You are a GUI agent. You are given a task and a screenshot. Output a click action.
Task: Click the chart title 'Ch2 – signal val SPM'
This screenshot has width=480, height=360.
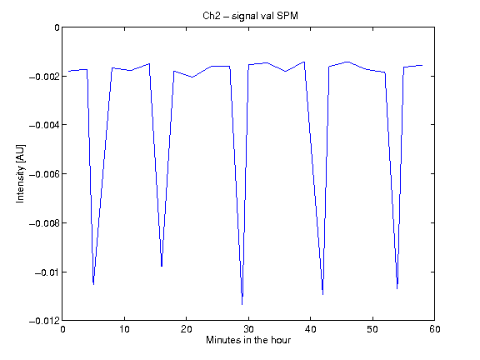(x=250, y=16)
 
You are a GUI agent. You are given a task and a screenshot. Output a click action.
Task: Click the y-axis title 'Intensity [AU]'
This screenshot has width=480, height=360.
(x=20, y=173)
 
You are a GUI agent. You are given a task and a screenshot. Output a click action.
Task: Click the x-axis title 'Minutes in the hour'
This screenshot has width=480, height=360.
(x=248, y=340)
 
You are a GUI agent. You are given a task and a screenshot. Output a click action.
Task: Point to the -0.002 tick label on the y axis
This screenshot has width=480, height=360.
(x=44, y=76)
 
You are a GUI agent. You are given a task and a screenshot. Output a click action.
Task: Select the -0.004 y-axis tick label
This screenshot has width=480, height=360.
(x=44, y=125)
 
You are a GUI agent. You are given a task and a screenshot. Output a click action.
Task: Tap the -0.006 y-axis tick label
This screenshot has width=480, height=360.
(x=44, y=174)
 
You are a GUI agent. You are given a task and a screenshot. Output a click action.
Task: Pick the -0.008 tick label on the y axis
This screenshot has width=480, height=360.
(x=44, y=223)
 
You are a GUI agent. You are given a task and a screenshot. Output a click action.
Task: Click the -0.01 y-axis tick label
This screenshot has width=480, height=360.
(x=47, y=272)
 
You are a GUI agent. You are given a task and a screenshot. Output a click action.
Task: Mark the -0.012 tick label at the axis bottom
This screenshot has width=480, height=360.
(x=44, y=321)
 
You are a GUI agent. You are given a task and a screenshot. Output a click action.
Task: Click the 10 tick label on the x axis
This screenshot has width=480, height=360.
(x=124, y=329)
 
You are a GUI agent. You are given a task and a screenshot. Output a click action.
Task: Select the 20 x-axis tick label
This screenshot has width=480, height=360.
(x=186, y=329)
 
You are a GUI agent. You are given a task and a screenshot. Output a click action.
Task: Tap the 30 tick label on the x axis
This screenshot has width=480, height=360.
(x=248, y=329)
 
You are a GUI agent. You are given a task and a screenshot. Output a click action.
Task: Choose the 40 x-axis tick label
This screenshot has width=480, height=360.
(x=310, y=329)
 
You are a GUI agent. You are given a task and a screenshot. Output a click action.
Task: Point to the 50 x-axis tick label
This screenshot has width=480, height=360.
(x=372, y=329)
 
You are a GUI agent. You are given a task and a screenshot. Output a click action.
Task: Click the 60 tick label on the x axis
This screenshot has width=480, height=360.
(x=435, y=329)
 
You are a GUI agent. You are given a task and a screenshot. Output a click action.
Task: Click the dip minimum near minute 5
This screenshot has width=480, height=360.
(x=93, y=284)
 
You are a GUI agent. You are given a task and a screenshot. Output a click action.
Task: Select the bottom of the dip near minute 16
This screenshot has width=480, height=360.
(x=162, y=267)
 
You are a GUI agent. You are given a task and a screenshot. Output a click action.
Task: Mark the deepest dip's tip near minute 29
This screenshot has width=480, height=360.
(x=242, y=305)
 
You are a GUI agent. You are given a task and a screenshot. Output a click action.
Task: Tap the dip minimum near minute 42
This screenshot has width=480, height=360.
(x=323, y=294)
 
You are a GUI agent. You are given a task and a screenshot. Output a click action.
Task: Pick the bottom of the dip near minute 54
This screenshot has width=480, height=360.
(x=397, y=288)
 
